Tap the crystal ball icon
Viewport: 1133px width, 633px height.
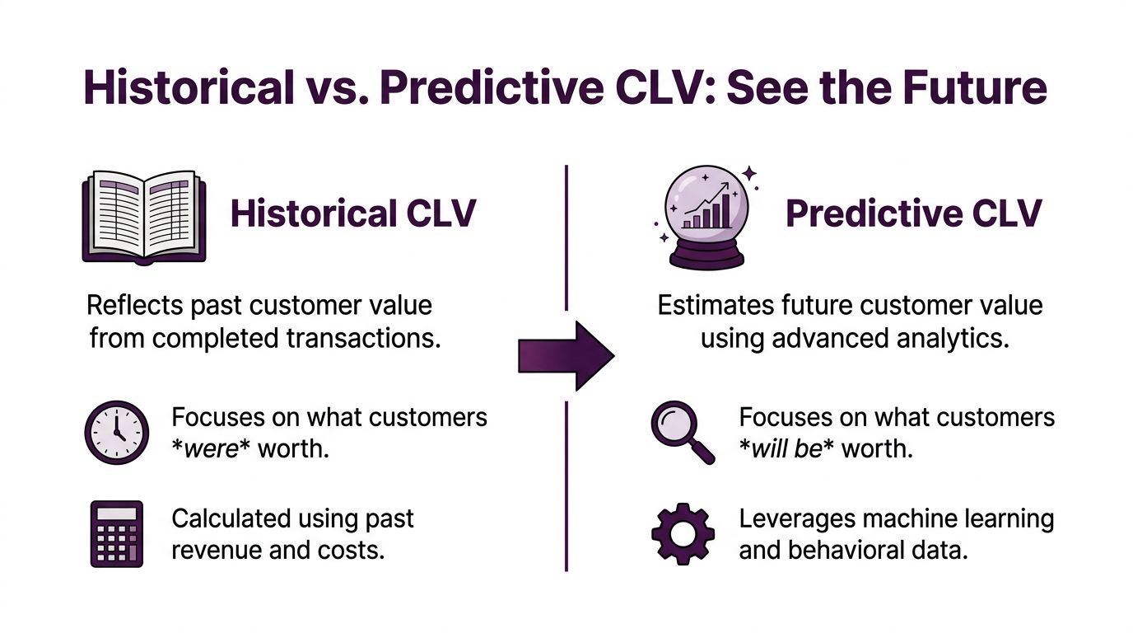pyautogui.click(x=708, y=216)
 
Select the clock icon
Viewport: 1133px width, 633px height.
pyautogui.click(x=117, y=432)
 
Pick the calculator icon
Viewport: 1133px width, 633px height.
pyautogui.click(x=116, y=533)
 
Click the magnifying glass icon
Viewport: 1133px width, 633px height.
pyautogui.click(x=683, y=432)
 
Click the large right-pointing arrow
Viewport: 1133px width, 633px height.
pyautogui.click(x=566, y=355)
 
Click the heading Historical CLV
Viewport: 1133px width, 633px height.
pyautogui.click(x=353, y=213)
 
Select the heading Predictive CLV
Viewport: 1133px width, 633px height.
pyautogui.click(x=913, y=213)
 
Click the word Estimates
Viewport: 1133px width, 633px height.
pyautogui.click(x=714, y=305)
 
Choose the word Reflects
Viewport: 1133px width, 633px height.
pyautogui.click(x=135, y=305)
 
